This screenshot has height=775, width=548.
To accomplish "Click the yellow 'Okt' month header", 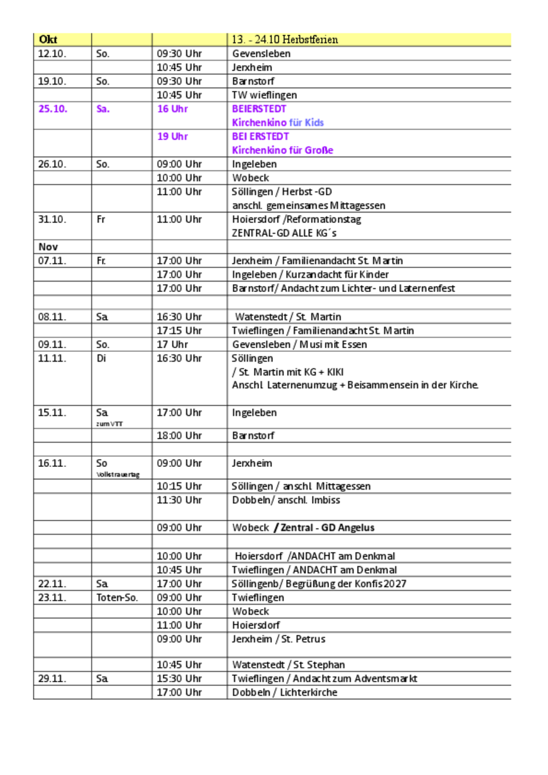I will point(48,40).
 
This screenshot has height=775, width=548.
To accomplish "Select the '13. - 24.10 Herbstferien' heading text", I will point(285,40).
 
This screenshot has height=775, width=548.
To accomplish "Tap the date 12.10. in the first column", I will point(52,54).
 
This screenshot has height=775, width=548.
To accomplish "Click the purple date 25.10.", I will point(52,108).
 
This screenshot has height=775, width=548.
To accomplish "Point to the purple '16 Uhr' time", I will point(173,108).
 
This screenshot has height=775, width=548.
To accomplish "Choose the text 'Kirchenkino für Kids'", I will point(278,123).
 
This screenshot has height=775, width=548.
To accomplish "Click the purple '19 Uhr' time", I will point(173,136).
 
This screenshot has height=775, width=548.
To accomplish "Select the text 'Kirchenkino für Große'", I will point(282,150).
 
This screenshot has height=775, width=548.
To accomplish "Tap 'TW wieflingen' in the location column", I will point(264,95).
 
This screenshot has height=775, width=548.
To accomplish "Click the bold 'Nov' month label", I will point(48,247).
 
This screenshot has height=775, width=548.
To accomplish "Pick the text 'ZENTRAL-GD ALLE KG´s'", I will point(284,233).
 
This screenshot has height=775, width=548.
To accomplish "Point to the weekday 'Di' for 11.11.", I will point(101,358).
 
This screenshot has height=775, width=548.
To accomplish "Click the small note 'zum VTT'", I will point(109,424).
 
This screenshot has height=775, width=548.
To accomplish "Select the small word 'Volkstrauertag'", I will point(118,475).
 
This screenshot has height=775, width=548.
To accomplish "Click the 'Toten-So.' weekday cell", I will point(117,597).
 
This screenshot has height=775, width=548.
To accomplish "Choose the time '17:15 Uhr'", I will point(180,331).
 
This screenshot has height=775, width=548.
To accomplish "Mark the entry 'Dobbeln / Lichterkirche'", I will point(284,692).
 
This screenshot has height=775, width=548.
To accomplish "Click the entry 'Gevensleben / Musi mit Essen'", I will point(299,344).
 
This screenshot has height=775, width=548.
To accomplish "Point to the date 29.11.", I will point(52,678).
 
